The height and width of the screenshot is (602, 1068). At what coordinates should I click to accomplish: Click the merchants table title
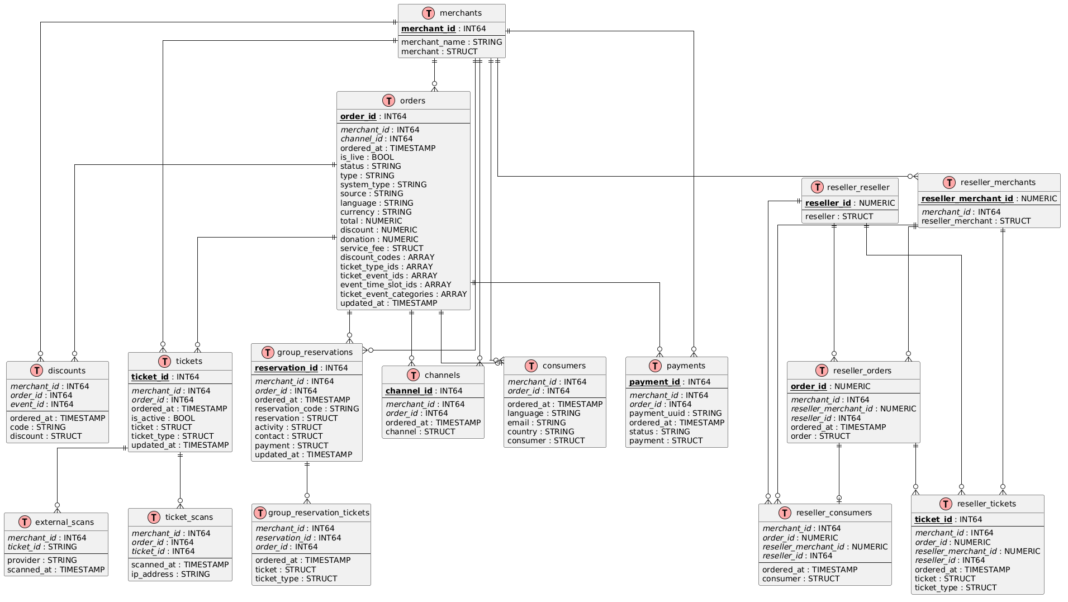point(461,13)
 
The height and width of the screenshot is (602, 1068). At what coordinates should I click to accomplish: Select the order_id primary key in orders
point(358,116)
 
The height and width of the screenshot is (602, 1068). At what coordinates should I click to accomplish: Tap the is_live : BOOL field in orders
point(367,157)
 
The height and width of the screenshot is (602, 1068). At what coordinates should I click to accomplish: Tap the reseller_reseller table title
point(858,187)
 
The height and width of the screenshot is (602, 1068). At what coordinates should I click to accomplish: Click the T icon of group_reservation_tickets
point(260,513)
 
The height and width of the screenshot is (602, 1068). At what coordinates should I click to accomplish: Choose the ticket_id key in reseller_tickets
point(933,519)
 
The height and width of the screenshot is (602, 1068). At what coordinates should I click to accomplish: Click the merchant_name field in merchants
point(451,42)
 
